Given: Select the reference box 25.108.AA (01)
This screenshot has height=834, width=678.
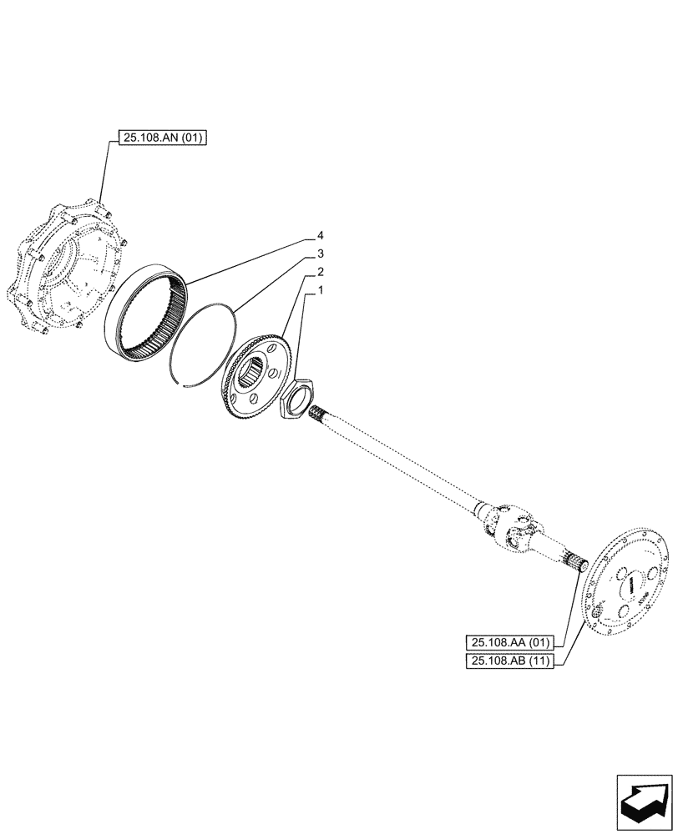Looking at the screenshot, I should pos(510,642).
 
